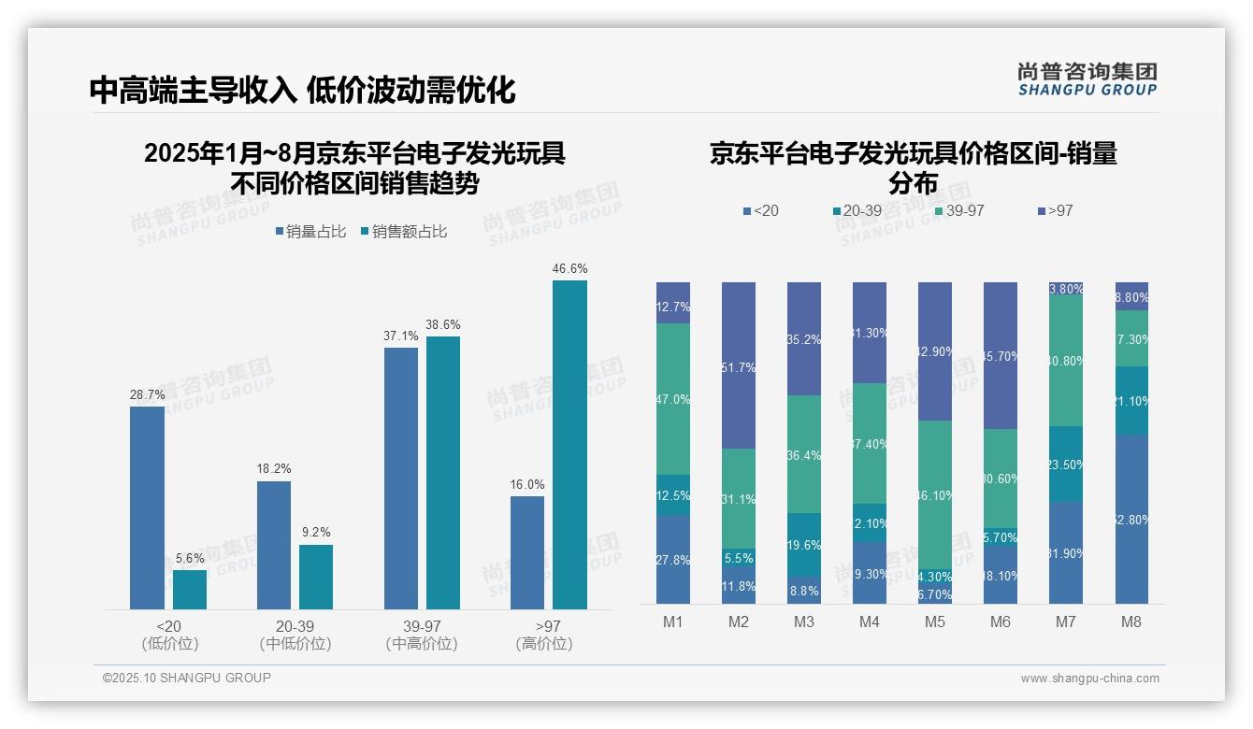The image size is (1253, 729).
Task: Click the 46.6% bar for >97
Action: [569, 445]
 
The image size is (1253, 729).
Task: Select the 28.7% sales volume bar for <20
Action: [147, 507]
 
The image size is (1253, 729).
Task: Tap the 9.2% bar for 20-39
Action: [316, 577]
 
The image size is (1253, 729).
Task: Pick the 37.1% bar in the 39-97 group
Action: [401, 479]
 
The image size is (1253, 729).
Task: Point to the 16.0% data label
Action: [527, 484]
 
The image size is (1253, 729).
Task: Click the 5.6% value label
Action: [190, 558]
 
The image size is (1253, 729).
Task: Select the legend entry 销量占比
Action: [310, 232]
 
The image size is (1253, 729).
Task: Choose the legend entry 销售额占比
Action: [403, 232]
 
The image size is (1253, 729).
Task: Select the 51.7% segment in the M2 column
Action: [738, 365]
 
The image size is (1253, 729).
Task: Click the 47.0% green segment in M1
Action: [672, 399]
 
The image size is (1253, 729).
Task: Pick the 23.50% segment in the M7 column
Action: [1065, 465]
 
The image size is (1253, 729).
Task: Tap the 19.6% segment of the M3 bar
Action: [803, 544]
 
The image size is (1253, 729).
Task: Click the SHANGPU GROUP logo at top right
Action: [1087, 79]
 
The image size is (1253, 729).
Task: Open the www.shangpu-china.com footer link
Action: [1089, 679]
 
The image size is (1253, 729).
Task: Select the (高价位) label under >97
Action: [544, 644]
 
